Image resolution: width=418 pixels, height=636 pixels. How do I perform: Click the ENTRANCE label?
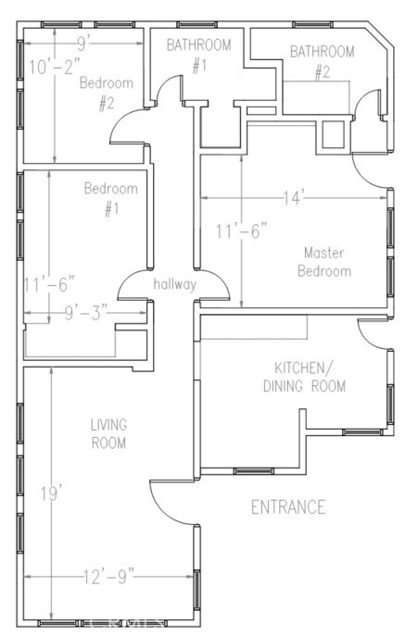tap(288, 507)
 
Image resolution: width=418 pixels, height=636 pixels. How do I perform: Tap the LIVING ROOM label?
tap(108, 434)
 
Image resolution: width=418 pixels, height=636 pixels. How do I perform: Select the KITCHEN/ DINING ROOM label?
tap(304, 377)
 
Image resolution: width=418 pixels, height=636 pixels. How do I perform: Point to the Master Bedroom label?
tap(324, 262)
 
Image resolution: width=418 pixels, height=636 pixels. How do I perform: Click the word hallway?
tap(174, 284)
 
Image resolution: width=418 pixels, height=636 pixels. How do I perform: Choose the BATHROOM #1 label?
tap(199, 56)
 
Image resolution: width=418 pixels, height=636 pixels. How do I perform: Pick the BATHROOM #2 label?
tap(323, 62)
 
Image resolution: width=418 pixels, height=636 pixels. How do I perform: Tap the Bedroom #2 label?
tap(107, 94)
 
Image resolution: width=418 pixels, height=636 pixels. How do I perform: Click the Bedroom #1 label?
tap(111, 199)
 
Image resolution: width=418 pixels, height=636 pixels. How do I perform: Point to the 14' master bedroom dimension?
tap(294, 198)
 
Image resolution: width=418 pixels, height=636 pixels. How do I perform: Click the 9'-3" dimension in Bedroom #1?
tap(86, 313)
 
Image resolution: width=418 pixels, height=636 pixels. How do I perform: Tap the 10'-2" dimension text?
tap(55, 67)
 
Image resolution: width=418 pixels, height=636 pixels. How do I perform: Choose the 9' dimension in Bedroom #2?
tap(82, 44)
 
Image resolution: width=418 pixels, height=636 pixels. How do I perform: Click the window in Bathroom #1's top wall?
tap(196, 25)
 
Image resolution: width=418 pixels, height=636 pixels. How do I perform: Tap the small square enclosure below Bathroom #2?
tap(333, 134)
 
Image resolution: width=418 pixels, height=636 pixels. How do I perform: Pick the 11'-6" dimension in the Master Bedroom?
tap(241, 232)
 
